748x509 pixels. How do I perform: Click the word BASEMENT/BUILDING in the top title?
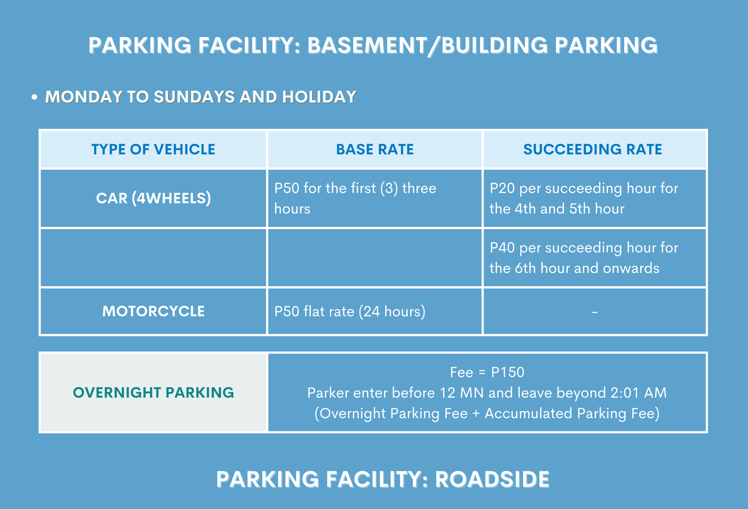(427, 45)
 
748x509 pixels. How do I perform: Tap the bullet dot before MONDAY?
(34, 97)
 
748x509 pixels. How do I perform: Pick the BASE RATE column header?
(375, 149)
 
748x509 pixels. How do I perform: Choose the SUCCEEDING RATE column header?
(593, 149)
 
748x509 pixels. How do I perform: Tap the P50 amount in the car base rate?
(287, 188)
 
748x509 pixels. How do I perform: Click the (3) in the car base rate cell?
(389, 188)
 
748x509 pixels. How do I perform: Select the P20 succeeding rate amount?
(502, 188)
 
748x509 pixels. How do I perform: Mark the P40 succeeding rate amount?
(502, 247)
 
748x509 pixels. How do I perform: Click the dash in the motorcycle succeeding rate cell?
(594, 312)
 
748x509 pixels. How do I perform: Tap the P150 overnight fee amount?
(508, 372)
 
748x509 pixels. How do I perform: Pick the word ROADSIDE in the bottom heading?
(492, 479)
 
